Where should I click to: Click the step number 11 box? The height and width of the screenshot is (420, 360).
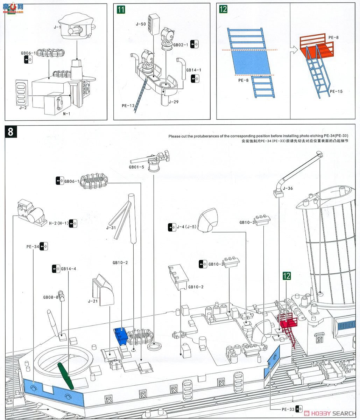click(121, 9)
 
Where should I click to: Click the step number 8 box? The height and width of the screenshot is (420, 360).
click(10, 132)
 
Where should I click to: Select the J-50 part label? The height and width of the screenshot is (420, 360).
click(141, 24)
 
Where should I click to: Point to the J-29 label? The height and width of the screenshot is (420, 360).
click(173, 102)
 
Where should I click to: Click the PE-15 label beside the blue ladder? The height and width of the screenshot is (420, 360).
click(336, 91)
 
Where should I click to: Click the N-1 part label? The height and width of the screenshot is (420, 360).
click(66, 113)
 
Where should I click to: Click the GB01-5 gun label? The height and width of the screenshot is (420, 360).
click(136, 167)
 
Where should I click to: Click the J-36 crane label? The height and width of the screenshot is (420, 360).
click(288, 188)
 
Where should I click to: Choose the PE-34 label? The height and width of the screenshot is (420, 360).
click(33, 246)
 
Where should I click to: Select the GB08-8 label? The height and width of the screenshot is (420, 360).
click(51, 297)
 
